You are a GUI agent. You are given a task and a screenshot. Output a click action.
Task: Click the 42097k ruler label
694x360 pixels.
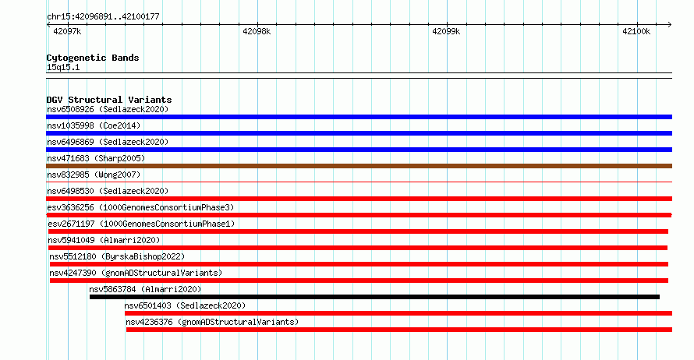pos(67,31)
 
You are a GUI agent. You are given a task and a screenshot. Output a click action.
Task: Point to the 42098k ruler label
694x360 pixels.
pos(257,31)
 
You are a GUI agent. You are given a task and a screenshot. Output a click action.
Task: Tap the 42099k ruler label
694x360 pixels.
pos(446,31)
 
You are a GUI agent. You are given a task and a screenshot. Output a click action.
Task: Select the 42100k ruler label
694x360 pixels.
pos(636,31)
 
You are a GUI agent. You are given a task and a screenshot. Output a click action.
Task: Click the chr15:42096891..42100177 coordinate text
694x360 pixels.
pos(103,17)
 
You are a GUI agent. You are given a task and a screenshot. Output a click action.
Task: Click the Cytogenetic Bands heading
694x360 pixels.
pos(93,58)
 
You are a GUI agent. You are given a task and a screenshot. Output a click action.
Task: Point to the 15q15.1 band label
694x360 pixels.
pos(63,67)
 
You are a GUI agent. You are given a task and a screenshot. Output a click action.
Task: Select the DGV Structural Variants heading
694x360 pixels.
pos(109,100)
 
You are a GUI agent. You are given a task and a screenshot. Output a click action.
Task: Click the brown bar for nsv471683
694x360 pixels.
pos(359,166)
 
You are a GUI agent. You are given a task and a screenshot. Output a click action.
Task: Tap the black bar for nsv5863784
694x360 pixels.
pos(374,297)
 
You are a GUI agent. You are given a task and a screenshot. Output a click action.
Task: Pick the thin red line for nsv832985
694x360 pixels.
pos(359,182)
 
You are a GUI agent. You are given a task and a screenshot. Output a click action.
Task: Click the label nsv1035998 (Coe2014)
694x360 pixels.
pos(94,125)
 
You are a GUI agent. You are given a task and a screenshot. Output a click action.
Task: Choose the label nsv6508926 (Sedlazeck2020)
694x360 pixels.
pos(108,109)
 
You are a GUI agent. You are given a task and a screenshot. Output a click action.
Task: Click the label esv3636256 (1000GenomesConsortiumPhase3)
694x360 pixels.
pos(140,207)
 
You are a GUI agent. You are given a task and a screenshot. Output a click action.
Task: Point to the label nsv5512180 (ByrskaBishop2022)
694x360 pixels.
pos(117,256)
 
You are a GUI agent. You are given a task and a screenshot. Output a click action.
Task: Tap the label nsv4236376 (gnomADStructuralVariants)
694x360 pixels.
pos(212,322)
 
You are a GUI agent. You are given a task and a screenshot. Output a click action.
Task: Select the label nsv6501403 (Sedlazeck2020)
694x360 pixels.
pos(185,305)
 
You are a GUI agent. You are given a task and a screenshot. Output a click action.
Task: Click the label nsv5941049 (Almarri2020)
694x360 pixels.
pos(104,240)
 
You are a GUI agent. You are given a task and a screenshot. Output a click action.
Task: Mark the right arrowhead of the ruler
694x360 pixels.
pos(671,25)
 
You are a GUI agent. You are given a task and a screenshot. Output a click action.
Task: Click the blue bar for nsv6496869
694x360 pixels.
pos(359,150)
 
